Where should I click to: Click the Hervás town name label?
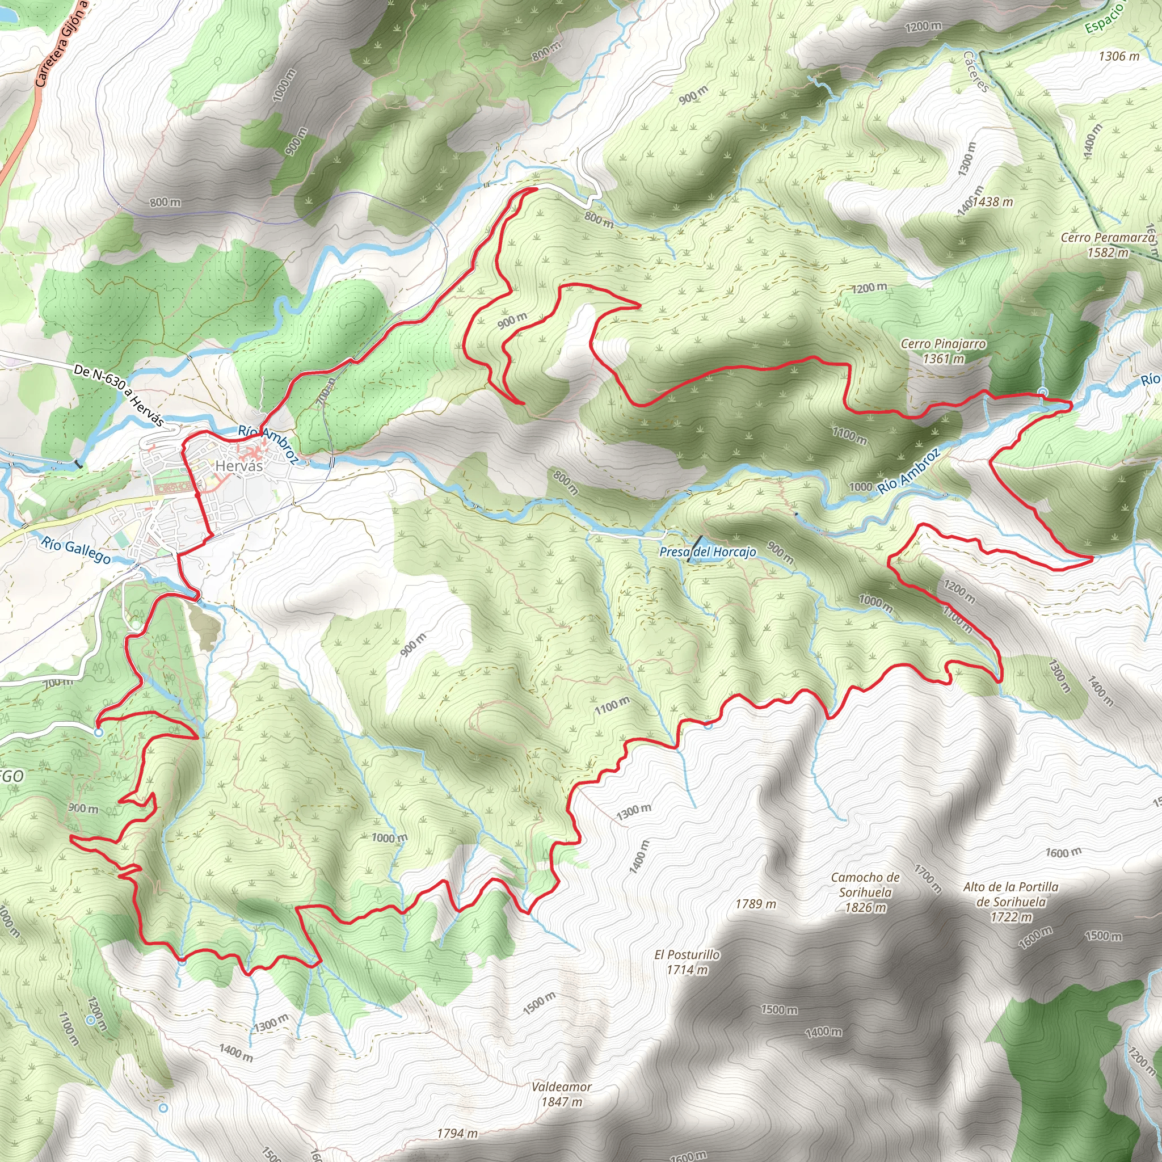point(239,465)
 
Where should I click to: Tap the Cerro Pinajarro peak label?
point(943,344)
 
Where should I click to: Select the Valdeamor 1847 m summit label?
point(561,1086)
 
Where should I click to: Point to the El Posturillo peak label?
point(687,954)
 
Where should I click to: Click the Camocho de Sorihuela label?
point(865,885)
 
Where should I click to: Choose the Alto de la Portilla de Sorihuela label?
point(1011,894)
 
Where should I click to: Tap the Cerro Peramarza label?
point(1108,238)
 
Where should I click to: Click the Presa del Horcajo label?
point(708,551)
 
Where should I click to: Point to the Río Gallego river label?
point(76,550)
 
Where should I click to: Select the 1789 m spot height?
point(755,903)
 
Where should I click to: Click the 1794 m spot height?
point(457,1133)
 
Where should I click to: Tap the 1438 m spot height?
point(992,202)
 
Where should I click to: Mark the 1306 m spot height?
point(1119,56)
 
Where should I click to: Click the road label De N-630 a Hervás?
point(119,396)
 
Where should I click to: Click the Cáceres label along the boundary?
point(975,71)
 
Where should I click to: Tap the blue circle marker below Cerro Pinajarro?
point(1043,393)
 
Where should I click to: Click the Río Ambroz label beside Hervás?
point(268,444)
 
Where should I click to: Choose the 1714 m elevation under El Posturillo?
point(687,970)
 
